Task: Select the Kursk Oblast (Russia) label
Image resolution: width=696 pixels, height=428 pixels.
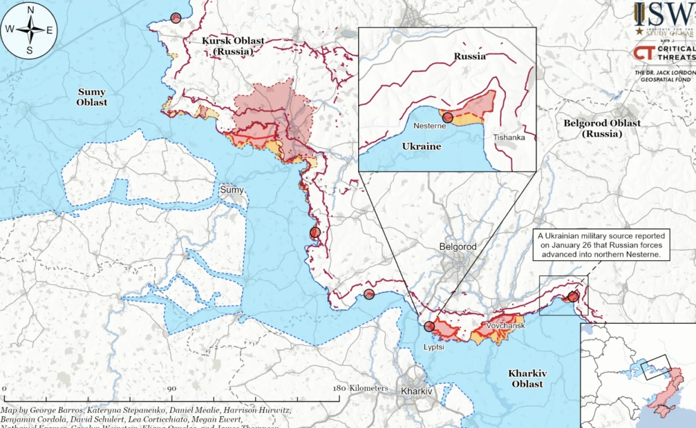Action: (x=232, y=46)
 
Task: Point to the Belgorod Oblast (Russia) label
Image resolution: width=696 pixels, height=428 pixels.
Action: (x=601, y=128)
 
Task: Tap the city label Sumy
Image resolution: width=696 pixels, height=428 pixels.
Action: (x=232, y=189)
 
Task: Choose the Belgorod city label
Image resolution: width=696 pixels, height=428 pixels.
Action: (x=458, y=246)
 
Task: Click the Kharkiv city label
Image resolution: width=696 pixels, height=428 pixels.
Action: (x=416, y=391)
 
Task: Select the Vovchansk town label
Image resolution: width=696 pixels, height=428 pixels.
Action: (x=505, y=324)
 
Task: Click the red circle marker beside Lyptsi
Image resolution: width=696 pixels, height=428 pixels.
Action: (x=430, y=327)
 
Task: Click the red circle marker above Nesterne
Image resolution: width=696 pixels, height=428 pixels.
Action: (x=448, y=118)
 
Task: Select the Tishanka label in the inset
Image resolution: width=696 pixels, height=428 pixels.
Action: (x=509, y=137)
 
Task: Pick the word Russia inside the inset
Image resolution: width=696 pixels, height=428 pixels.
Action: (x=470, y=57)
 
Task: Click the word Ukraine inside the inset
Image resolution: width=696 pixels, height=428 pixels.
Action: (x=421, y=147)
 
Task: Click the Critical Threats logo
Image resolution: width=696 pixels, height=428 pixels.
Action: (x=663, y=53)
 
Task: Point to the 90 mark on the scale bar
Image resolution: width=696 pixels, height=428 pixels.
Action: (x=171, y=389)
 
